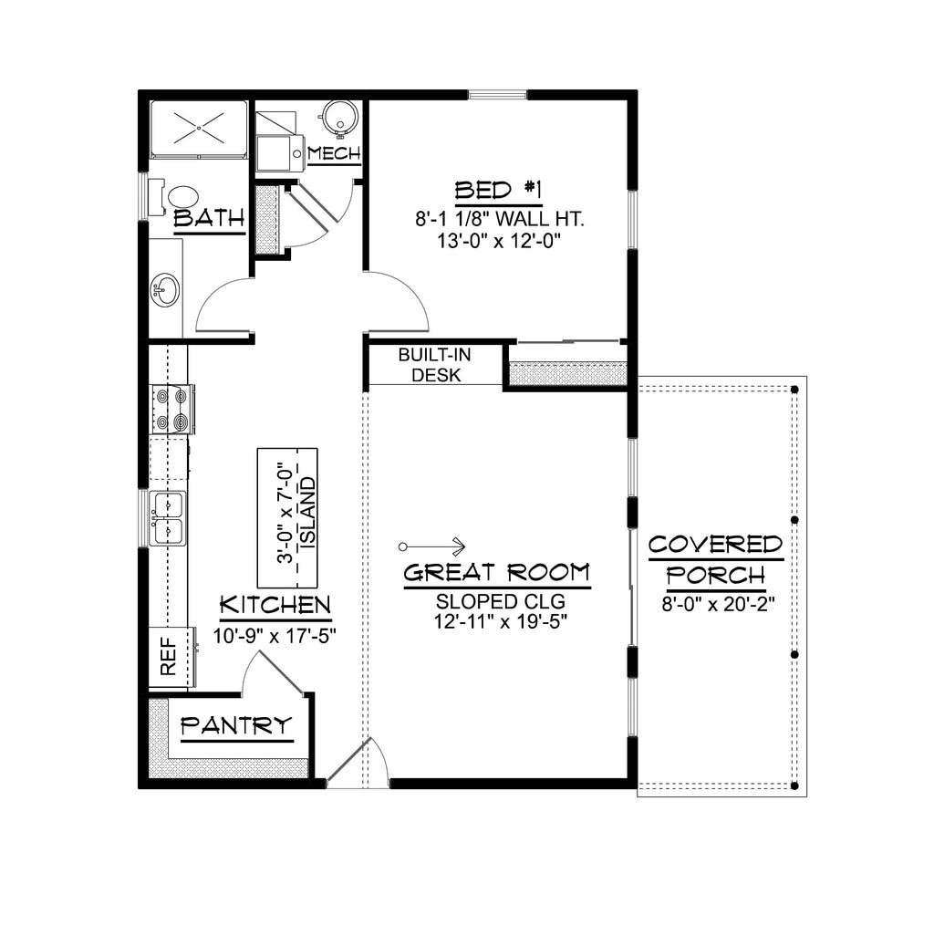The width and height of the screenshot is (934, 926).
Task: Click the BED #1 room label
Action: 498,191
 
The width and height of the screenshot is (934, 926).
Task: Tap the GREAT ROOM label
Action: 497,573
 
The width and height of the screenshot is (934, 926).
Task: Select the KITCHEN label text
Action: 275,605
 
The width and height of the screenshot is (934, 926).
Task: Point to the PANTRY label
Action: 237,726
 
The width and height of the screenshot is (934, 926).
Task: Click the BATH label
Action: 210,219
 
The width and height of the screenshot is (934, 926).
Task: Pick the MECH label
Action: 334,153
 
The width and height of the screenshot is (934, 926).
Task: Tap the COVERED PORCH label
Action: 715,560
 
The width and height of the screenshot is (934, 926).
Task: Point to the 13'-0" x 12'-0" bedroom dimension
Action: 498,241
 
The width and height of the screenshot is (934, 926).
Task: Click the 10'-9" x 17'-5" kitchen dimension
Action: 275,636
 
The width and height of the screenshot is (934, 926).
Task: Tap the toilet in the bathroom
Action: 176,195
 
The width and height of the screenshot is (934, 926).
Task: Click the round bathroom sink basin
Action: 166,291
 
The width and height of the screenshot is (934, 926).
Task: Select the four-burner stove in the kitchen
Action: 171,409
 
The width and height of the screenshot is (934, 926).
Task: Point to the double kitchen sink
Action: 169,517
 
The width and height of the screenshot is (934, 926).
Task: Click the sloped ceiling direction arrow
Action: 433,546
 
